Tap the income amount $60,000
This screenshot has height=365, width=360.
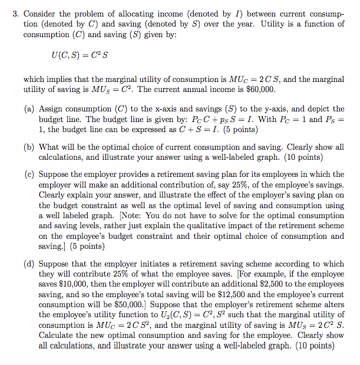(x=258, y=90)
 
